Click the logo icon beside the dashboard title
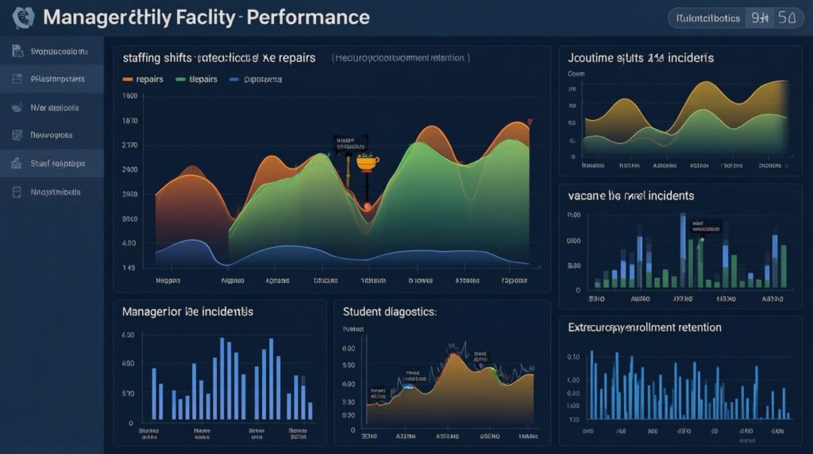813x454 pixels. click(25, 16)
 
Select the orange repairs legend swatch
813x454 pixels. click(127, 80)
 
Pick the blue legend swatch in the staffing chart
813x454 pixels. click(234, 80)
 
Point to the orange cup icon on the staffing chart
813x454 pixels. click(367, 163)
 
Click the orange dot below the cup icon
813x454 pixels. click(367, 206)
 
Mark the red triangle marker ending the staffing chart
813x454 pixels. click(530, 122)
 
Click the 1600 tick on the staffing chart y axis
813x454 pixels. click(130, 96)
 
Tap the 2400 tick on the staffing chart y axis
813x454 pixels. click(130, 170)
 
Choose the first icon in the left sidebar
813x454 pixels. click(17, 52)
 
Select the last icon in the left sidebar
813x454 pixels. click(17, 192)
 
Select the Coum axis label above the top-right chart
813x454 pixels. click(576, 73)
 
